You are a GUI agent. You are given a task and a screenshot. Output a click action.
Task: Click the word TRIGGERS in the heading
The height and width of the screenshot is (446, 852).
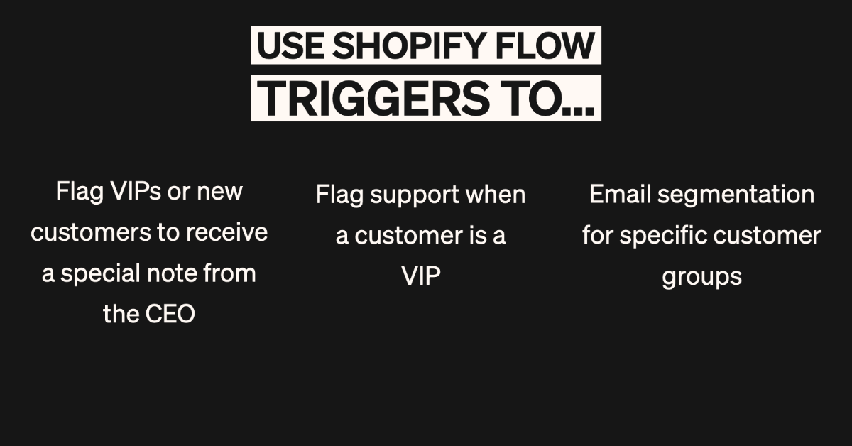373,99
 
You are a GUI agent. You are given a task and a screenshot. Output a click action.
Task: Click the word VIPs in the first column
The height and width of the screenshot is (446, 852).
136,192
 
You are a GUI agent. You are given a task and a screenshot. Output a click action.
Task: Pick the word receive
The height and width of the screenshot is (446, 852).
226,232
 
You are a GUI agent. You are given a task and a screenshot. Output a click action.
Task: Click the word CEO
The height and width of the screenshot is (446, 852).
170,315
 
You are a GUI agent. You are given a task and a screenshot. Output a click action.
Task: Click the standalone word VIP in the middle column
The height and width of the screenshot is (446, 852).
421,276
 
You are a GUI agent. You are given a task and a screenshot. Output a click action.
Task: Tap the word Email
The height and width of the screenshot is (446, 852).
621,194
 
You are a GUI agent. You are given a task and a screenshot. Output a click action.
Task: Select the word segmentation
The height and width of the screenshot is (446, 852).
736,195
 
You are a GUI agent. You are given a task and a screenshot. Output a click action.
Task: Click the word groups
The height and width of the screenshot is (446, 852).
701,277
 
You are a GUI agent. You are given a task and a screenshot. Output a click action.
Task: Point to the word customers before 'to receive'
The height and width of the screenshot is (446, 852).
91,233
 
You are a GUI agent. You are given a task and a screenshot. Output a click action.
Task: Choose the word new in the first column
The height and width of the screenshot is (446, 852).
219,192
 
